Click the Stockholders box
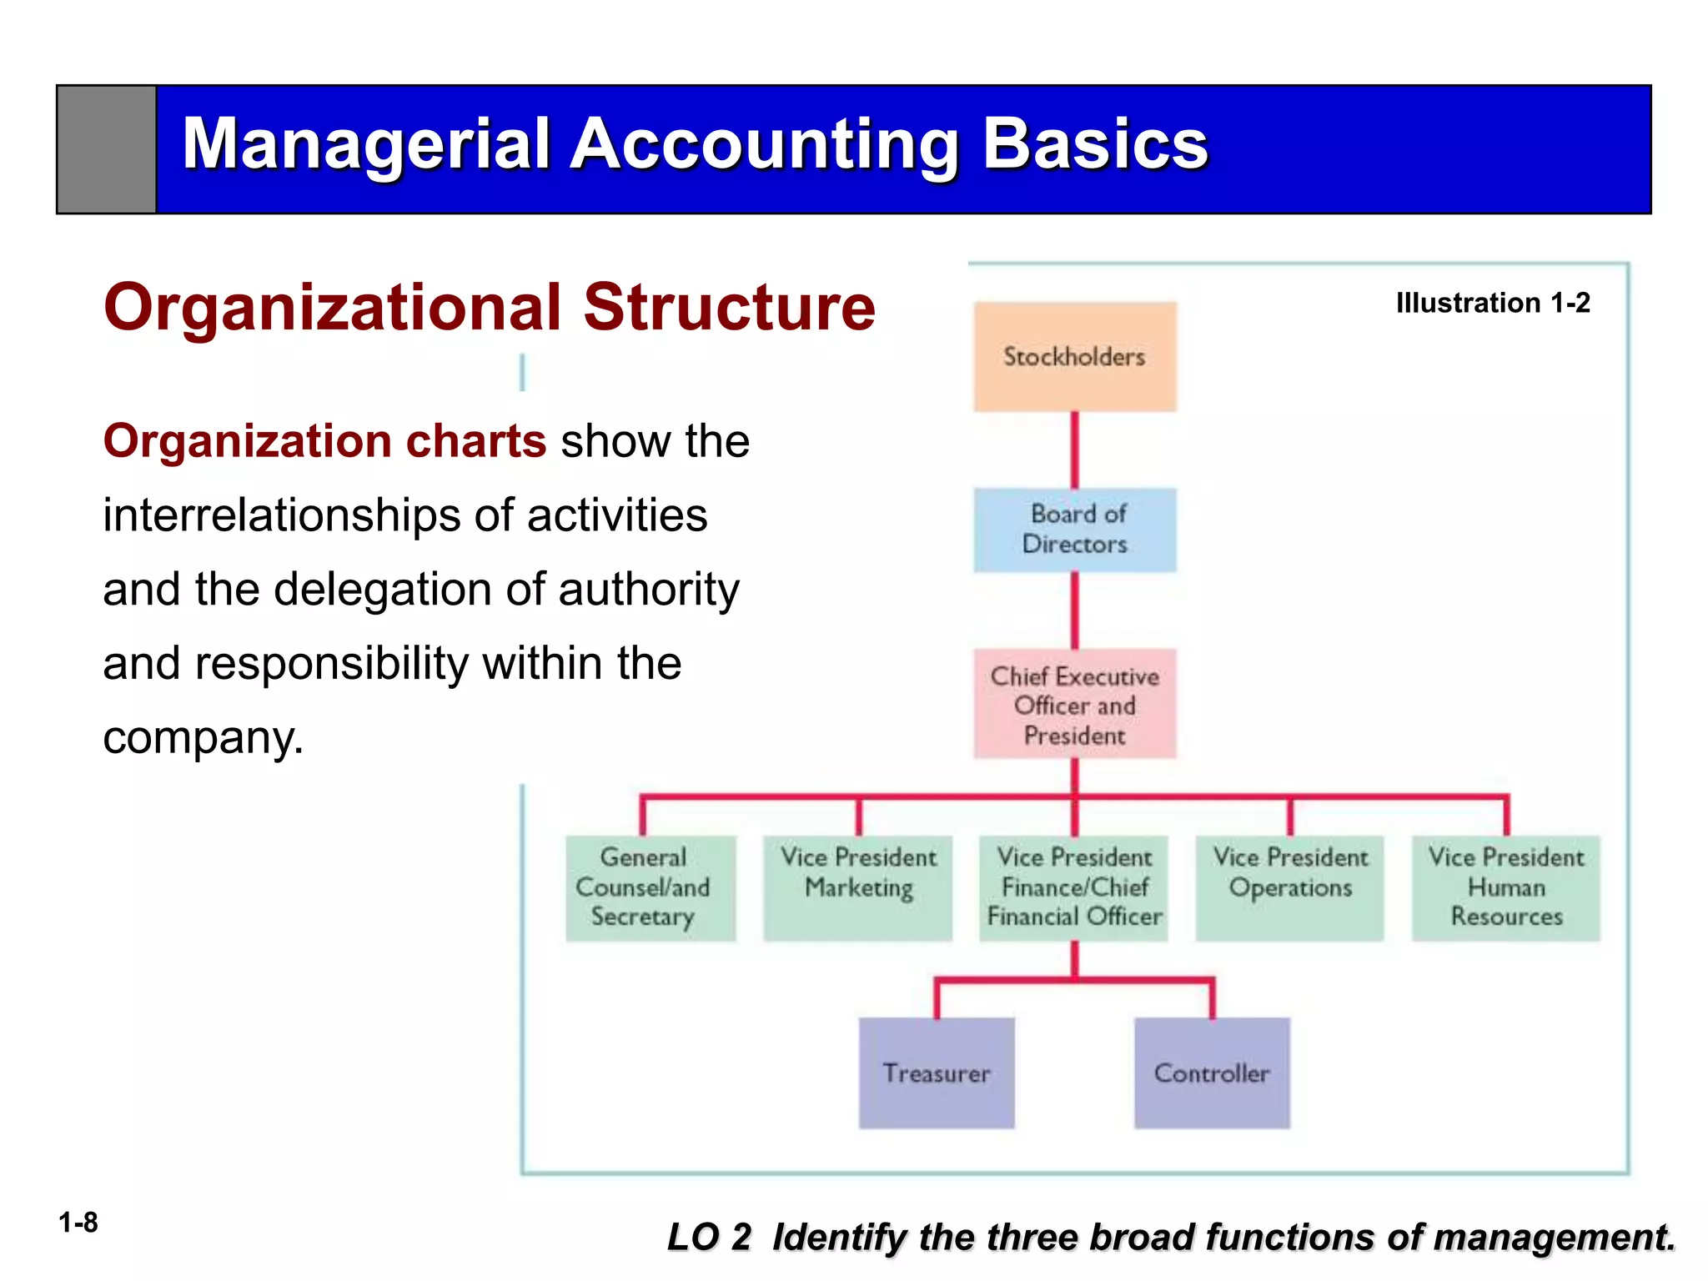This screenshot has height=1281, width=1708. pos(1074,357)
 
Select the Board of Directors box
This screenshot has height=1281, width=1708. pos(1074,530)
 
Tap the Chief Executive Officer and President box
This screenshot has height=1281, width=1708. pos(1074,705)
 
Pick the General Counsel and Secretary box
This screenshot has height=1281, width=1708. pos(651,887)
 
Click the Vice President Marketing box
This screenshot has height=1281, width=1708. pos(857,887)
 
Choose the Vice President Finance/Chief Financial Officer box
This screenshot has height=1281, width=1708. pos(1073,887)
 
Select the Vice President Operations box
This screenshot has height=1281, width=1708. pos(1289,887)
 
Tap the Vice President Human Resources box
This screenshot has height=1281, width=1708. pos(1505,887)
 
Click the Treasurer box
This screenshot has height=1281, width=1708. pos(937,1073)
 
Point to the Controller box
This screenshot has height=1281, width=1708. pos(1212,1073)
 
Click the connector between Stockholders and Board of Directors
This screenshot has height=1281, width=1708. pos(1074,450)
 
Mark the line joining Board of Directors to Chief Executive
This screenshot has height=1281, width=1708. pos(1074,610)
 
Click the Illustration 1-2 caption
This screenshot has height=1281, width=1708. pos(1493,303)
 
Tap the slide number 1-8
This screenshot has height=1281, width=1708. pos(78,1223)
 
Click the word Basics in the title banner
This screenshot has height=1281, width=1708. pos(1095,143)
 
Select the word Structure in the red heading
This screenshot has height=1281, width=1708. pos(729,307)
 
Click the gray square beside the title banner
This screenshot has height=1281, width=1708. pos(107,149)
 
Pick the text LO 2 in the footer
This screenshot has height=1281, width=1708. pos(709,1237)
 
